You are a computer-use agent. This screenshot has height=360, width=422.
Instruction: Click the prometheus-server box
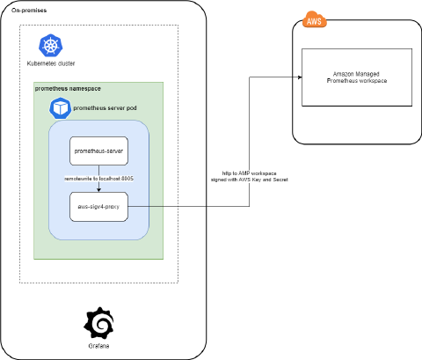[99, 151]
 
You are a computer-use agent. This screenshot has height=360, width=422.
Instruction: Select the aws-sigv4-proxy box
[99, 206]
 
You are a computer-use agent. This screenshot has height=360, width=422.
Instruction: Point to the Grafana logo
[98, 324]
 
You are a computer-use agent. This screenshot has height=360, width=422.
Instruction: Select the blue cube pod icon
[61, 107]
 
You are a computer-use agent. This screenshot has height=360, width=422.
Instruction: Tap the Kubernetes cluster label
[50, 64]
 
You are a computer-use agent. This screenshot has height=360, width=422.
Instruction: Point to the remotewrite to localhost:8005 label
[99, 179]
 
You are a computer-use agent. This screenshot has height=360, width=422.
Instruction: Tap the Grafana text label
[98, 347]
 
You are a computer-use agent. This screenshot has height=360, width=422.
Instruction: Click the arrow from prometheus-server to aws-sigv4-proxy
[99, 172]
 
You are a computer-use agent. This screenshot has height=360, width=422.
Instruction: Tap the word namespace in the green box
[87, 89]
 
